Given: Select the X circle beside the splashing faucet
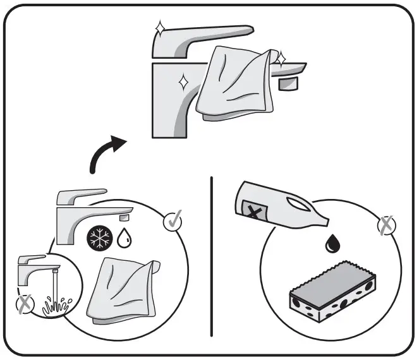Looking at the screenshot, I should point(24,305).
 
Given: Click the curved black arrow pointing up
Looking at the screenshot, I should point(105,152).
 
